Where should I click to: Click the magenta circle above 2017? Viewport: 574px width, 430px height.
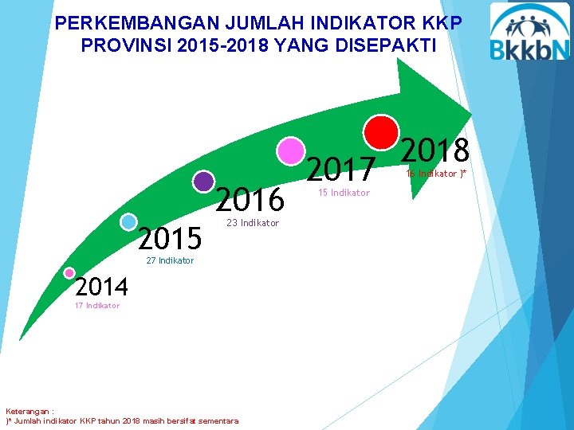[x=291, y=151]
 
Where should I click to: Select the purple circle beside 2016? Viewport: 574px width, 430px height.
[x=204, y=182]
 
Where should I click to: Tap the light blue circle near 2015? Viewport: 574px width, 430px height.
[x=128, y=222]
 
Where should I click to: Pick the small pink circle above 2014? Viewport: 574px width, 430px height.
[x=69, y=273]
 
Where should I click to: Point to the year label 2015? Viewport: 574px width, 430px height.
[x=170, y=237]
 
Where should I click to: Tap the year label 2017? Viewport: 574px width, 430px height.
[x=340, y=169]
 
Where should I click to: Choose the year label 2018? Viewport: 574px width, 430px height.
[x=434, y=150]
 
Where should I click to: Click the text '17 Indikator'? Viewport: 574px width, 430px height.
[x=96, y=306]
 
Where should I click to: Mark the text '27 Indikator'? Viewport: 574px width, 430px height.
[x=170, y=260]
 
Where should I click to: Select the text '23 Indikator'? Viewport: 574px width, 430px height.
[x=253, y=223]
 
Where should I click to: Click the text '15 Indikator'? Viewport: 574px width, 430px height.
[x=344, y=193]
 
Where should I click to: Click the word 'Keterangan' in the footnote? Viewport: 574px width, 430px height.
[x=28, y=412]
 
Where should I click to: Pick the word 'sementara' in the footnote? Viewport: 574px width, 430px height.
[x=218, y=420]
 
